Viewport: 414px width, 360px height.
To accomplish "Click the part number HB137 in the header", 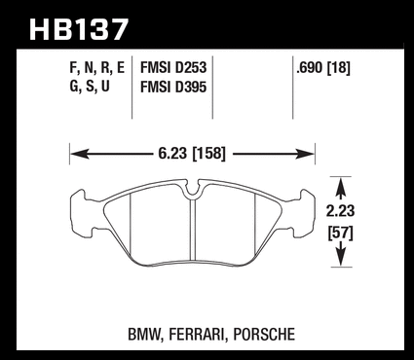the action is tap(79, 29).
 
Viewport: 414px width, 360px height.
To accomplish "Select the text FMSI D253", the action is tap(173, 68).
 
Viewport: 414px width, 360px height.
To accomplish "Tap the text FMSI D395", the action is tap(173, 87).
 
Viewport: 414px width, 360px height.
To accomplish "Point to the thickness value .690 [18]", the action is tap(323, 68).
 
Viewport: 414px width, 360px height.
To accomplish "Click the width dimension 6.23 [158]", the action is tap(192, 153).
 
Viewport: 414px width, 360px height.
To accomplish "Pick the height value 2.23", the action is tap(340, 211).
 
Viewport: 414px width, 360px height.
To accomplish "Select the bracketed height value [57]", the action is tap(341, 234).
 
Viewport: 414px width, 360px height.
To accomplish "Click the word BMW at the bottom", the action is tap(144, 335).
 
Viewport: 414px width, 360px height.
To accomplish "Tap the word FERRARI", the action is tap(197, 335).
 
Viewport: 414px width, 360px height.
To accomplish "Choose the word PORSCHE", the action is tap(264, 335).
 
